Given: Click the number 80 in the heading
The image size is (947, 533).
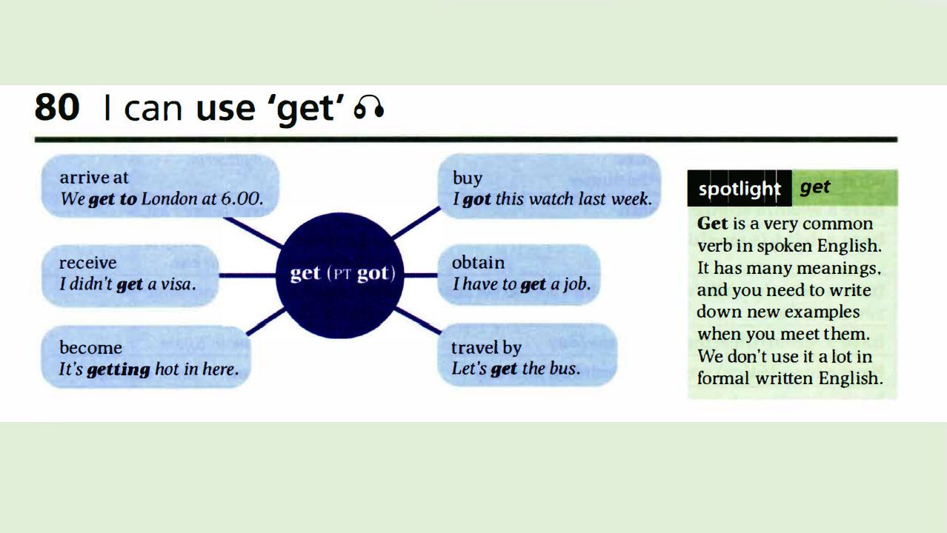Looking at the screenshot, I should pos(56,108).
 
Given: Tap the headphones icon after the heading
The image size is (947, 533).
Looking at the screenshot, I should pos(368,110).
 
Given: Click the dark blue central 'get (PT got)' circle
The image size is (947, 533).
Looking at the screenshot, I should pos(342,274).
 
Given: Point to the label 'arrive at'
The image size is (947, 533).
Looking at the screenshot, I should pos(93,178).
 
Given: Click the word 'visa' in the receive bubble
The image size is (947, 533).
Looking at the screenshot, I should pos(176,284).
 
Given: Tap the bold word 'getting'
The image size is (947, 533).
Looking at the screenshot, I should pos(118,369).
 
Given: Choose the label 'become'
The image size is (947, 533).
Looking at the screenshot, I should pos(90,347).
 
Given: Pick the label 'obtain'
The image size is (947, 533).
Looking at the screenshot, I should pos(478,263).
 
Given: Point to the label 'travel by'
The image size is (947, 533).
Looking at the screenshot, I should pos(486,347).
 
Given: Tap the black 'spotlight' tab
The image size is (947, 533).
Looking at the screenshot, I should pos(739,189).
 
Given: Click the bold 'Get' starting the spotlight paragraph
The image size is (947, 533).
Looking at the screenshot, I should pos(712,224).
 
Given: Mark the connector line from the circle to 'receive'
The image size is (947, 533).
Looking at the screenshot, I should pos(247,275).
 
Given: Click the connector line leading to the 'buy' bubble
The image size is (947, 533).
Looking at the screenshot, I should pos(415,223).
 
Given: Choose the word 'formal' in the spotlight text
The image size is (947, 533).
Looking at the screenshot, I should pos(721,378).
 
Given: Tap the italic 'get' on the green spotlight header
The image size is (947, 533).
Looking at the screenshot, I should pos(814,187).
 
